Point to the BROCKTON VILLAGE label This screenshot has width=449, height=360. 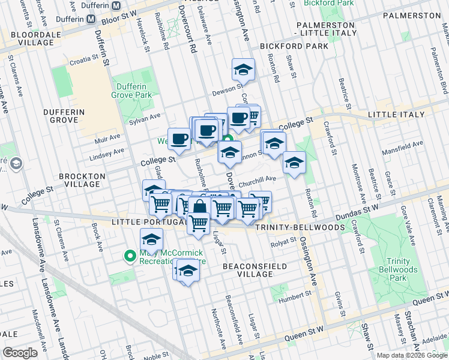(82, 181)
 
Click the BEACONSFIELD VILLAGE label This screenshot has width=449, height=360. (248, 269)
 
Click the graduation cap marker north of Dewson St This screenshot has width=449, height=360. (243, 70)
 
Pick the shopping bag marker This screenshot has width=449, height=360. (200, 208)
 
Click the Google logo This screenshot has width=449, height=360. (20, 353)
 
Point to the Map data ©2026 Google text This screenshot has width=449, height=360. (412, 355)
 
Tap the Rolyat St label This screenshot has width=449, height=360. (284, 241)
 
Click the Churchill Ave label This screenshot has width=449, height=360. (257, 179)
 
